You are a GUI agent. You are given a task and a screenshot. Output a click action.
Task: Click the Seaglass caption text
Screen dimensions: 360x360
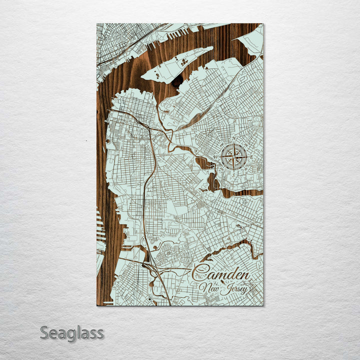[x=71, y=332]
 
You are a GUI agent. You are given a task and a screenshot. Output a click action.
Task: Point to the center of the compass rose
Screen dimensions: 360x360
[x=233, y=156]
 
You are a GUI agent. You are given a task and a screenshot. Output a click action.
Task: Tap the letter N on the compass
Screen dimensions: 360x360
[x=233, y=139]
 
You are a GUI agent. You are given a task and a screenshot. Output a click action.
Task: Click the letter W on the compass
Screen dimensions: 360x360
[x=216, y=156]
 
